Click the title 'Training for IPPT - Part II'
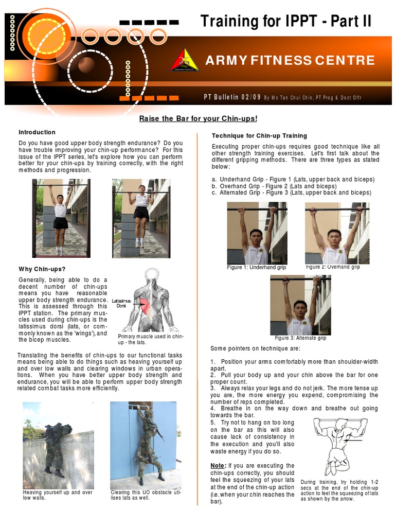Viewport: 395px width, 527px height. [x=285, y=22]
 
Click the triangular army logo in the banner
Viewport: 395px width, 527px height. [x=184, y=60]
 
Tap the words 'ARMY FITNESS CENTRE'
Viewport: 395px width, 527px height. [x=290, y=60]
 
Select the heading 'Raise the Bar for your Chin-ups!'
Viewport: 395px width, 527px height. [x=198, y=119]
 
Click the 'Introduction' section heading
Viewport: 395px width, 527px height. [x=37, y=132]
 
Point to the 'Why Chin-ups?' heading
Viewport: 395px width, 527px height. [x=42, y=269]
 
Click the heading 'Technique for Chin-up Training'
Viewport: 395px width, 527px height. [x=259, y=136]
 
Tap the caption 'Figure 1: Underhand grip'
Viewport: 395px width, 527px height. [x=256, y=268]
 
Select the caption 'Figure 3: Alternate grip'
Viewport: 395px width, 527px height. [x=300, y=338]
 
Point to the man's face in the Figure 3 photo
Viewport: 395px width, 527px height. [x=300, y=310]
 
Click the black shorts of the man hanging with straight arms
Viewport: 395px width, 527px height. [x=61, y=223]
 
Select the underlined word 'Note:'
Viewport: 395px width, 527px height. [x=218, y=466]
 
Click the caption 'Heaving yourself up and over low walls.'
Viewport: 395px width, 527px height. [x=58, y=495]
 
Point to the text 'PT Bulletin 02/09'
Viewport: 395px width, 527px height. [x=233, y=97]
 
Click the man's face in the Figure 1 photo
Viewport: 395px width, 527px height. [x=256, y=238]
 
